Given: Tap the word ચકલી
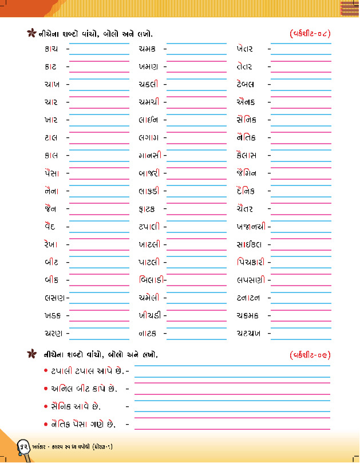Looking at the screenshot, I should point(148,85).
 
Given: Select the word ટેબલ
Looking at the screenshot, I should point(245,85).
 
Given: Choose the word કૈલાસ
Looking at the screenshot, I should point(246,156).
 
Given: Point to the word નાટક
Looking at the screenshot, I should point(148,333).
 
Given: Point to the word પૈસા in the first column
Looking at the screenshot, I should point(52,173).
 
